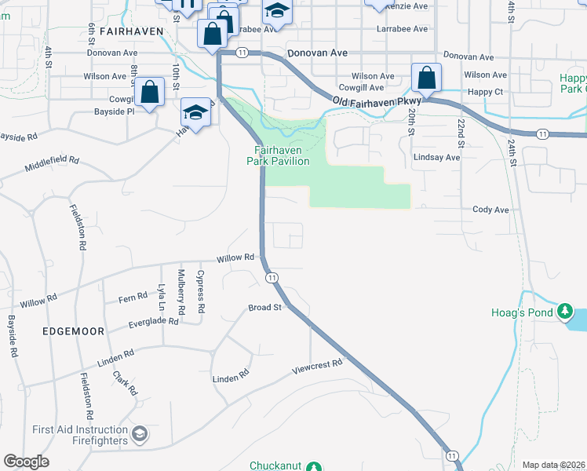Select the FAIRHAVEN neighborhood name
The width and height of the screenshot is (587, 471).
(132, 31)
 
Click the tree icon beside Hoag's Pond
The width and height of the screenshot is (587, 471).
(565, 312)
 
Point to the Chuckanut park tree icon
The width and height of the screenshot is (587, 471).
(313, 467)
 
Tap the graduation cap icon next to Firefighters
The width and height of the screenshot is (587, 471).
(139, 433)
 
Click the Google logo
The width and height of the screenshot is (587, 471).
(27, 462)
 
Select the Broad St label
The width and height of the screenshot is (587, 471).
(264, 308)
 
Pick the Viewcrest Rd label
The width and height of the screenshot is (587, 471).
(318, 365)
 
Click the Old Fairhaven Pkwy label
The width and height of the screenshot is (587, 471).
(377, 102)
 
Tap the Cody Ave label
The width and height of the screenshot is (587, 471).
(490, 210)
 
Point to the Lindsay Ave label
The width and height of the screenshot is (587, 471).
(436, 157)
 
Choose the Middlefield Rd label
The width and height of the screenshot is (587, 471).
(52, 164)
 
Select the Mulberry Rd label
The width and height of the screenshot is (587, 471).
(180, 292)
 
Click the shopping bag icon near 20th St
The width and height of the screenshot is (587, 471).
(427, 78)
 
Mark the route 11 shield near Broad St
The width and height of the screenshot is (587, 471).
(272, 278)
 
